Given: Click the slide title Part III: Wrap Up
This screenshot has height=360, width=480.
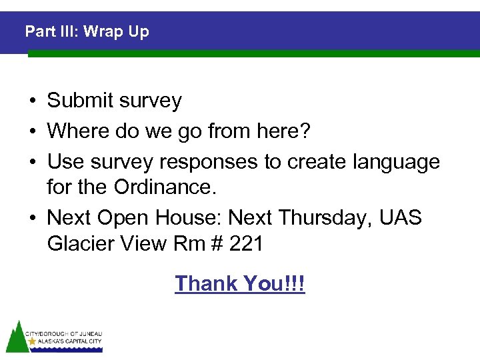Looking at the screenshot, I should tap(87, 31).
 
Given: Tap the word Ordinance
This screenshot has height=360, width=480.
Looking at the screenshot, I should tap(165, 187).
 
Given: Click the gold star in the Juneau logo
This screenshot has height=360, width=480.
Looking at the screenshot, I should tap(31, 341).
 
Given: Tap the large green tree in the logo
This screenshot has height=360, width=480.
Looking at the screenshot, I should tap(16, 337).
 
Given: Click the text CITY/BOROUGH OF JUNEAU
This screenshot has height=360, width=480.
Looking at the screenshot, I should tap(64, 333).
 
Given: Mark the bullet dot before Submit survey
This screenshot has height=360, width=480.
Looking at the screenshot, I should tap(31, 101).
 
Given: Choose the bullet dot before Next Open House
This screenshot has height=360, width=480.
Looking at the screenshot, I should tap(31, 219).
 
